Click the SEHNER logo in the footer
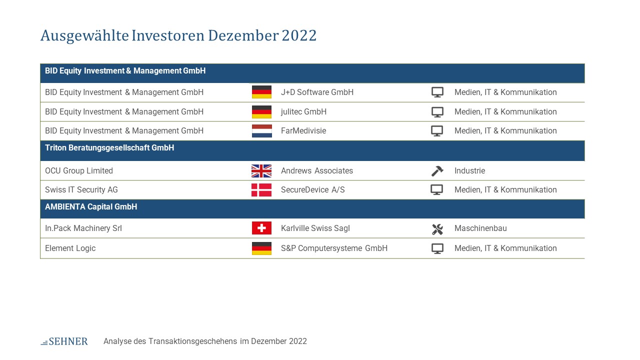click(x=64, y=341)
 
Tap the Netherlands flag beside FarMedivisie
click(x=261, y=131)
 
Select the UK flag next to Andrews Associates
click(x=261, y=171)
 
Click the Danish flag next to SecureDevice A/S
click(x=261, y=190)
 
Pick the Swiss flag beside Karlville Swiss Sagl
click(x=261, y=228)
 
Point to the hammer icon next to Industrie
click(x=437, y=171)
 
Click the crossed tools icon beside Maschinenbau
click(x=437, y=229)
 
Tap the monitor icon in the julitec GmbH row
click(x=437, y=112)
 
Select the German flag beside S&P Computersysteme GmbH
click(x=261, y=248)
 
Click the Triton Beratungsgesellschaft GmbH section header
click(x=109, y=147)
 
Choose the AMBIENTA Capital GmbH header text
click(x=91, y=206)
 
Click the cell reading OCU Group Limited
click(x=79, y=170)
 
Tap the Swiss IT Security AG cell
click(x=81, y=189)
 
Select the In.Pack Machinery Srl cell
click(x=83, y=228)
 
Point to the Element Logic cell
click(x=70, y=248)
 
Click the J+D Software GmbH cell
click(x=317, y=92)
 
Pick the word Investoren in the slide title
click(x=168, y=35)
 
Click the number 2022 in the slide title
click(x=299, y=35)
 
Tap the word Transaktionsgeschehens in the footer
click(x=193, y=341)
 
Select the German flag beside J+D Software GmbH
click(x=261, y=92)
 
